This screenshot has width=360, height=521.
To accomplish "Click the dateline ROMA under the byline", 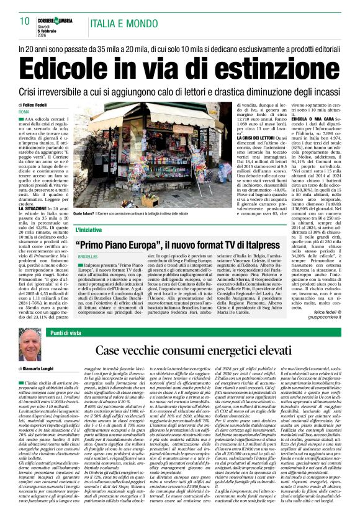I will [x=24, y=112].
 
